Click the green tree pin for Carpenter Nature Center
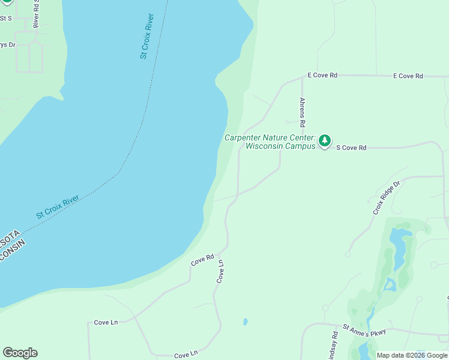click(x=325, y=141)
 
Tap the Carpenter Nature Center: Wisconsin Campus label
click(x=270, y=142)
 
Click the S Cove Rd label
click(x=351, y=148)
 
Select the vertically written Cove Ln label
click(x=220, y=271)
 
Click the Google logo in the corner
click(x=20, y=353)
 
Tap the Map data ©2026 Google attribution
click(x=412, y=355)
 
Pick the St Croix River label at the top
click(x=147, y=36)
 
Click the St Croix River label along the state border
click(x=58, y=206)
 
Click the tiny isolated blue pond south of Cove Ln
click(x=246, y=322)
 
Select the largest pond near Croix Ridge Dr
click(x=397, y=249)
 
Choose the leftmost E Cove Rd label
click(x=322, y=76)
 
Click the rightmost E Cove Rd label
click(x=408, y=76)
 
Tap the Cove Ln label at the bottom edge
click(x=185, y=355)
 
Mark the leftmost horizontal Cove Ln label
click(x=106, y=322)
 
